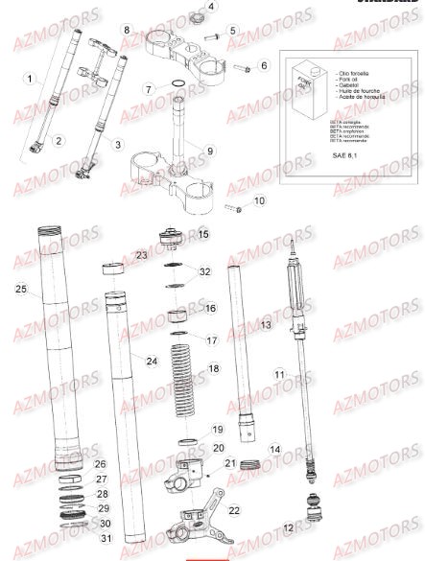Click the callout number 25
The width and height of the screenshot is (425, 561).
tap(21, 288)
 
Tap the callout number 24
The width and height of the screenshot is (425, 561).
tap(151, 361)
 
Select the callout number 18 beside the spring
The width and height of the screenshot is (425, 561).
tap(213, 368)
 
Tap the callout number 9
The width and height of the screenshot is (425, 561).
tap(210, 151)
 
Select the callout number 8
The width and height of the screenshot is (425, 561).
tap(126, 31)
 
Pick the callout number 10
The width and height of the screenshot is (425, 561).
tap(258, 201)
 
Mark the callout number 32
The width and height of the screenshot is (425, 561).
tap(203, 271)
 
